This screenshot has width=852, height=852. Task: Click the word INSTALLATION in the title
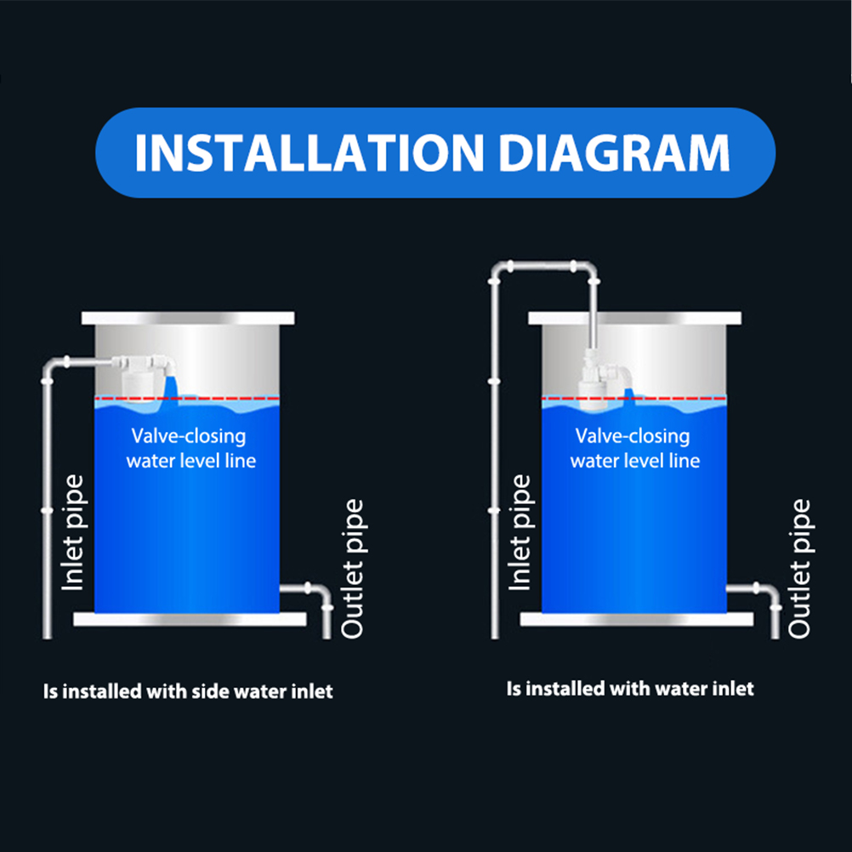[310, 153]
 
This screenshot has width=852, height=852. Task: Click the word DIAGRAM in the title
[614, 153]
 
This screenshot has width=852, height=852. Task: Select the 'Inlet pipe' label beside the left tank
[73, 532]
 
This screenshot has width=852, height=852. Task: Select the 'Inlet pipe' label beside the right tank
[520, 532]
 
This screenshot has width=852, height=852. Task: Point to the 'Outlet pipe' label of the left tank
[352, 568]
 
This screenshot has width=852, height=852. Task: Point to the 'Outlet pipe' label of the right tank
[799, 568]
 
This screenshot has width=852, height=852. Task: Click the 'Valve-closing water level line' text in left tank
[190, 448]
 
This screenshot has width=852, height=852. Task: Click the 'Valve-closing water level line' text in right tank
[634, 448]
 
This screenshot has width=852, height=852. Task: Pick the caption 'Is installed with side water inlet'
[188, 691]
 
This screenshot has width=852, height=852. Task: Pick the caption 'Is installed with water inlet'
[630, 689]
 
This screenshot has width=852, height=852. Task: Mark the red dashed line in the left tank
[187, 398]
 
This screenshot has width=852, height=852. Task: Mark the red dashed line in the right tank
[634, 398]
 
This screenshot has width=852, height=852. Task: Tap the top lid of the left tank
[188, 318]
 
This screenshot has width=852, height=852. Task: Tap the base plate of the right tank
[637, 619]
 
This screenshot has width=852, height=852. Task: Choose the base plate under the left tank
[190, 619]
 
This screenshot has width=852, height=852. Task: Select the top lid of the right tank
[634, 318]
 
